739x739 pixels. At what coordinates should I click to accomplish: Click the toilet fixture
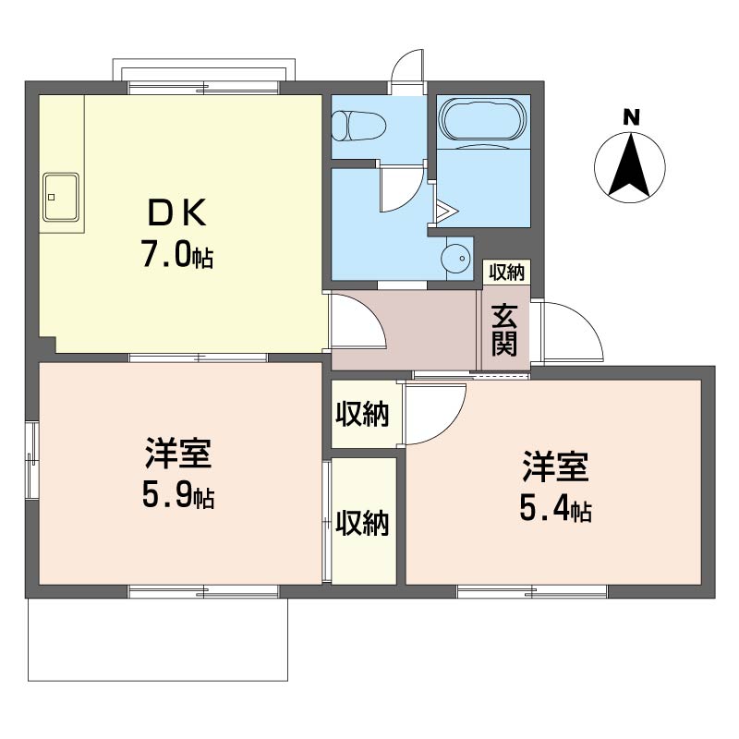[359, 127]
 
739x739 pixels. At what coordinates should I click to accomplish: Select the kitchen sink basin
[61, 197]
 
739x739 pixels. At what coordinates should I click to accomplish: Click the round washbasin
[456, 258]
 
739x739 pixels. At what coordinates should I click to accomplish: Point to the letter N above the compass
[631, 117]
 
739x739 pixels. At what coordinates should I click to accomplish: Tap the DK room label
[177, 212]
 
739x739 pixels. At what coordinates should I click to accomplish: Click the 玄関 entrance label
[504, 330]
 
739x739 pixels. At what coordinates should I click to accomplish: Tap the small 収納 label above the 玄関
[506, 272]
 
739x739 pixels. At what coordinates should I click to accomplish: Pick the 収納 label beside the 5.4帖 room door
[362, 414]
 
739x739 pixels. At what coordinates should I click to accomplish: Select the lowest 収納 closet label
[362, 522]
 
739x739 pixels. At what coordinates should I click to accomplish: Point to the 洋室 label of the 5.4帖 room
[556, 466]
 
